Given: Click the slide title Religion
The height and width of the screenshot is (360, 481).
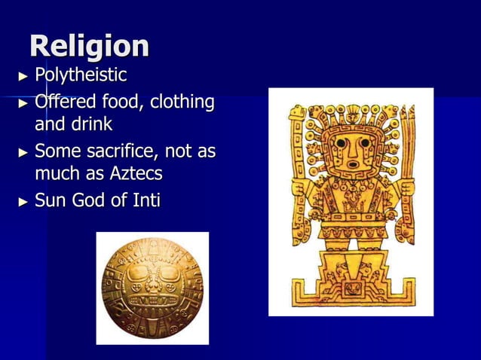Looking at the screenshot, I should click(89, 47).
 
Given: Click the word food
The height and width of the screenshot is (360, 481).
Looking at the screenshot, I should click(124, 102).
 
